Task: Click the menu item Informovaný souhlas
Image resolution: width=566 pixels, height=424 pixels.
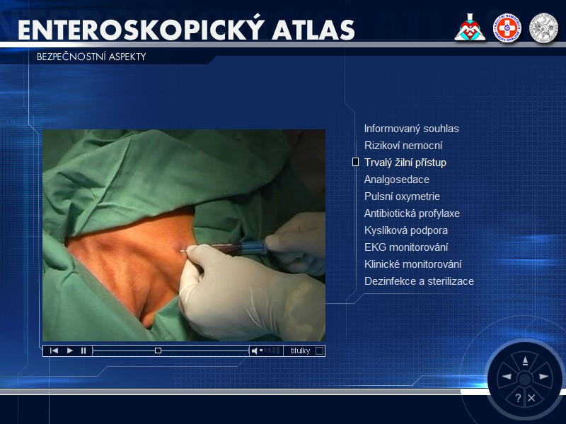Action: click(412, 129)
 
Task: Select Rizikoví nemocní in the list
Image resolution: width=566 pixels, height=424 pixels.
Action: click(403, 146)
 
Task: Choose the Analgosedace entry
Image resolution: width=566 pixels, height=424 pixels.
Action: click(397, 179)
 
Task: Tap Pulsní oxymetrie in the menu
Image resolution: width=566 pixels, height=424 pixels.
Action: click(402, 196)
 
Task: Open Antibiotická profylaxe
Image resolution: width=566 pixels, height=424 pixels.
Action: click(412, 213)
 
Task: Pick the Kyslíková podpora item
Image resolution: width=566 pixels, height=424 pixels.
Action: click(406, 230)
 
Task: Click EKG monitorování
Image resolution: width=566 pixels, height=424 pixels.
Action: click(406, 247)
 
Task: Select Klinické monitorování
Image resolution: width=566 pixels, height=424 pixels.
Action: click(413, 264)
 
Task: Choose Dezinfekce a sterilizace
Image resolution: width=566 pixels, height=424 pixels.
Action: click(419, 281)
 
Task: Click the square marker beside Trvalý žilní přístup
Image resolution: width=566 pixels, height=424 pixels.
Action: click(355, 163)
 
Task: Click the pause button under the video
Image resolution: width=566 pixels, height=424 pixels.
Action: click(83, 351)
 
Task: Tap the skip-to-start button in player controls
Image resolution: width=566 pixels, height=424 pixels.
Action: click(54, 351)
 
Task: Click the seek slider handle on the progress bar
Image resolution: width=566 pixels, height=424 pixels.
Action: click(158, 351)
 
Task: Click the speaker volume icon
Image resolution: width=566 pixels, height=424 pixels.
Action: click(255, 351)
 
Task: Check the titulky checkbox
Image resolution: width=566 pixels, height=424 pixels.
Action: click(319, 351)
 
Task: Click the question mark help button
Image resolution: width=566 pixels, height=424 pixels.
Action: click(518, 398)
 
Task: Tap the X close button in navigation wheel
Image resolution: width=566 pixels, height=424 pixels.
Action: click(531, 398)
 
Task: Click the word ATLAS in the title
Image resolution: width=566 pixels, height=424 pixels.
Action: click(313, 30)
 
